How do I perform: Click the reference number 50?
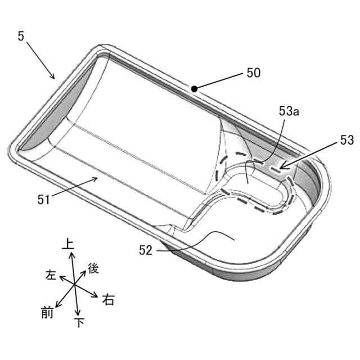tap(254, 73)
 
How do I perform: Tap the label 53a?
tap(289, 111)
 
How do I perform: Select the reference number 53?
tap(347, 140)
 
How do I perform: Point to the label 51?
tap(44, 199)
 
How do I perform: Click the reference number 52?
tap(146, 250)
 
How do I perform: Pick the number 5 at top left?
tap(21, 36)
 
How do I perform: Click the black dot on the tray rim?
tap(194, 89)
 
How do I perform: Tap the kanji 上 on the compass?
tap(68, 244)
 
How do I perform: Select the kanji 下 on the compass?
tap(79, 322)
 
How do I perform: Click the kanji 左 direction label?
tap(51, 274)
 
